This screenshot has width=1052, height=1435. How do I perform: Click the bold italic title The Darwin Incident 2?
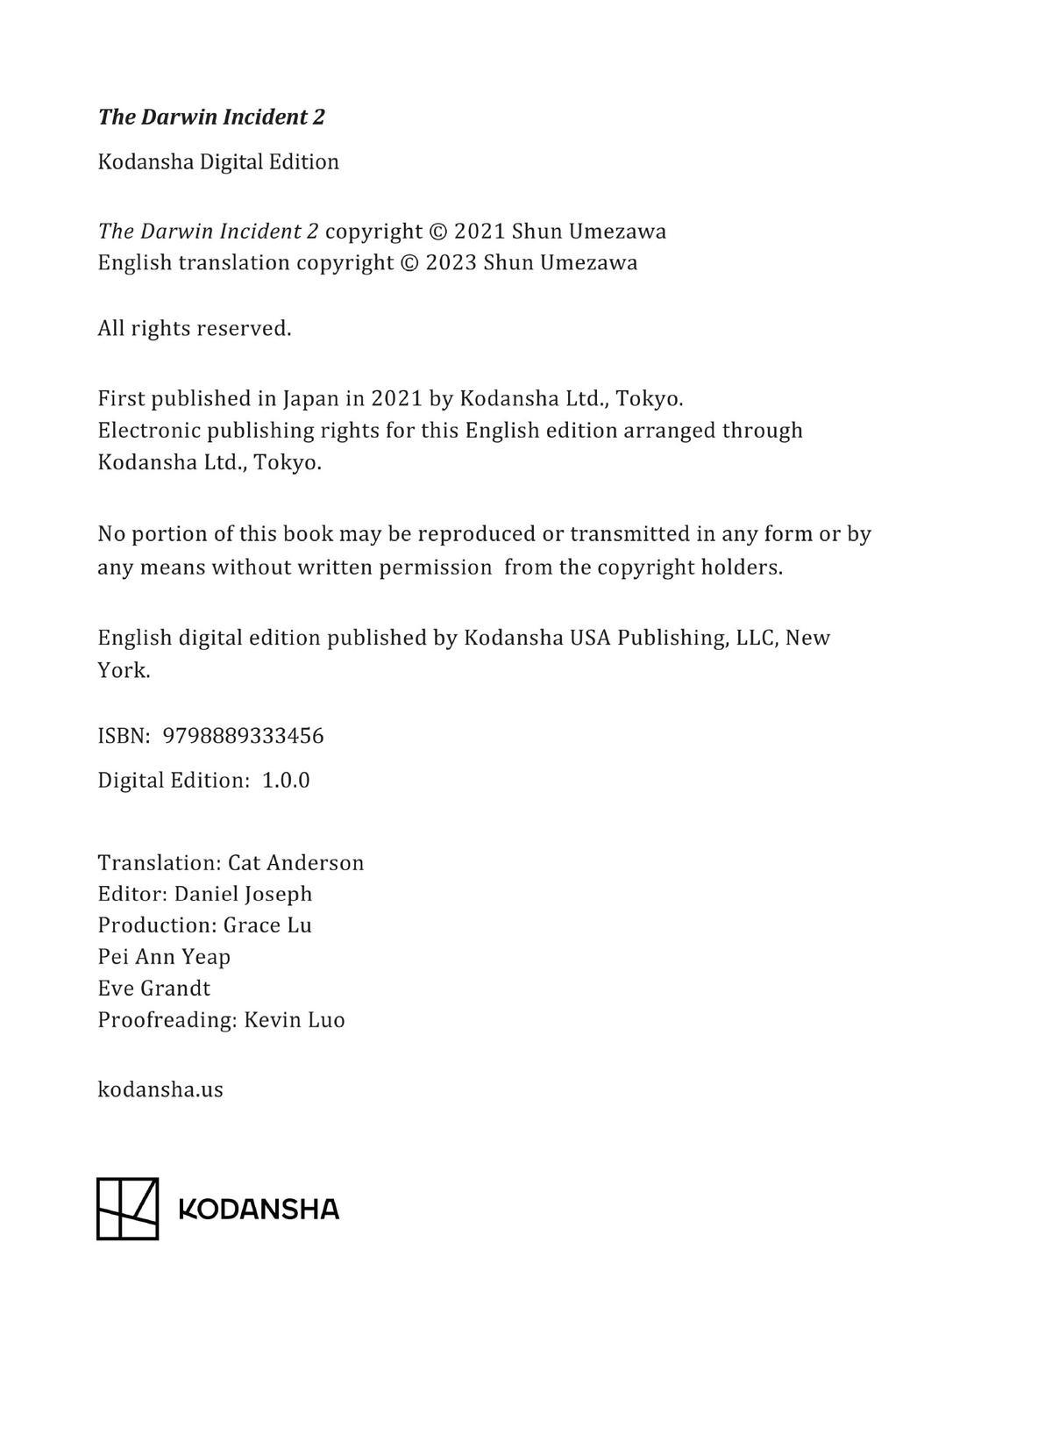click(x=211, y=118)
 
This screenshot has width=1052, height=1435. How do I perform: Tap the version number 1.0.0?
click(x=286, y=781)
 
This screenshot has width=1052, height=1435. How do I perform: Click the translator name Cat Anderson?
click(x=296, y=863)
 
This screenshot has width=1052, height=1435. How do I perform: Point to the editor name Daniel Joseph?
click(x=244, y=894)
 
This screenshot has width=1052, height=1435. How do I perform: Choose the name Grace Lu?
click(x=267, y=925)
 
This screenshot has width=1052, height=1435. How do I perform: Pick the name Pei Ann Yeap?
click(x=164, y=957)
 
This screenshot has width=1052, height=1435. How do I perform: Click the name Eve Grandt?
click(x=154, y=989)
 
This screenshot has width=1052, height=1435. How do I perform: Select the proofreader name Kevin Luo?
click(x=295, y=1020)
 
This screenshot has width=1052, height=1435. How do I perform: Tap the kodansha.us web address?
click(x=160, y=1090)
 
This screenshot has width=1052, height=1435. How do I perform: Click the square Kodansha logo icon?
click(x=127, y=1209)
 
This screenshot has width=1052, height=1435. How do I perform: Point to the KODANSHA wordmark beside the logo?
click(x=259, y=1210)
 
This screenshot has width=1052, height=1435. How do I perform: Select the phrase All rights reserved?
click(x=195, y=329)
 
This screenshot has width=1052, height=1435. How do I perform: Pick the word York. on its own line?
click(x=124, y=671)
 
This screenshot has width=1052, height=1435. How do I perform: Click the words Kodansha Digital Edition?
click(x=218, y=162)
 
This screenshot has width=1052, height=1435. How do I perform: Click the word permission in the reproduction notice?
click(x=436, y=568)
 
